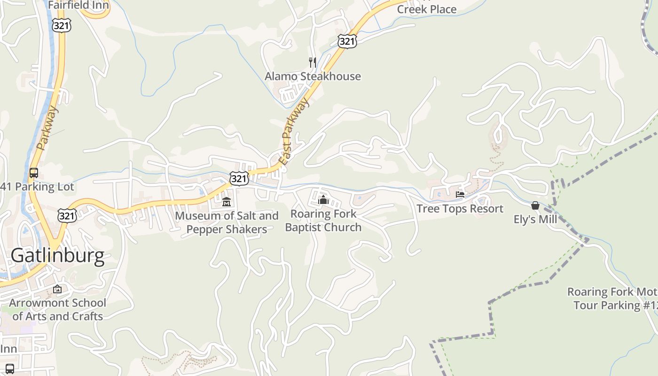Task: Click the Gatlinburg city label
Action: [57, 256]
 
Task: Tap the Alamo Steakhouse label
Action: [313, 76]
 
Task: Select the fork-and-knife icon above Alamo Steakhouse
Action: [312, 62]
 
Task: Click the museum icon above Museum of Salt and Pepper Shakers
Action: [227, 202]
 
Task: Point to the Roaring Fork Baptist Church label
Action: [323, 220]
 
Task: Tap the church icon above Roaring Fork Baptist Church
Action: [323, 200]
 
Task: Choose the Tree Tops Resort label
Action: [460, 209]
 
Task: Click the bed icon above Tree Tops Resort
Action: [460, 195]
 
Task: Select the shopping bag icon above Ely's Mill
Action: [535, 205]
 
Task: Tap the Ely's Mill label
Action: [535, 219]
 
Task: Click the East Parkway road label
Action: [294, 131]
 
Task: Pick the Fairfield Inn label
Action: [78, 6]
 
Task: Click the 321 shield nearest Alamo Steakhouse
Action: [347, 41]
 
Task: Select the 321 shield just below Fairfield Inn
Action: [62, 25]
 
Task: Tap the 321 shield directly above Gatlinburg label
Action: [67, 216]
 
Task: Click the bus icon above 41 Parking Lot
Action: [33, 172]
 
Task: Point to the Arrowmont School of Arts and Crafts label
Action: [57, 309]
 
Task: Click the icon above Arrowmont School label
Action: [57, 289]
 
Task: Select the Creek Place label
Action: [427, 9]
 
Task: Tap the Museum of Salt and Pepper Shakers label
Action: [227, 223]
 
